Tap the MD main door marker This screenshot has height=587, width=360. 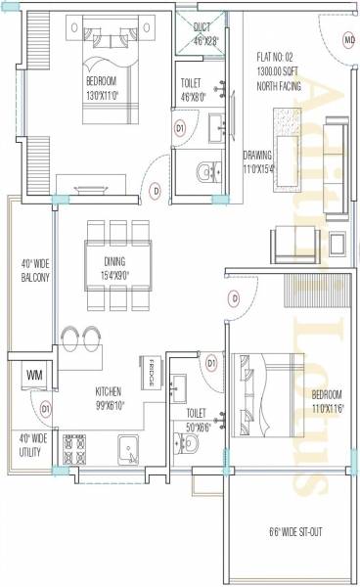[349, 40]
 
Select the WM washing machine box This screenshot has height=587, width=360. [34, 375]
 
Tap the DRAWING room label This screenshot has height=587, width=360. [259, 155]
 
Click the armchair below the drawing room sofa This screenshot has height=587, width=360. [293, 239]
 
